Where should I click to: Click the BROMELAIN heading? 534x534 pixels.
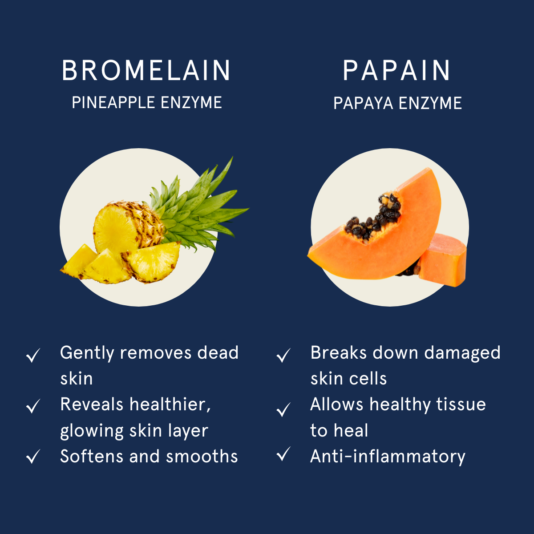click(x=146, y=70)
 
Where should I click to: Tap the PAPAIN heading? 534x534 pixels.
click(x=396, y=70)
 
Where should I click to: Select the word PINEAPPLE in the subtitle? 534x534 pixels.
click(x=113, y=102)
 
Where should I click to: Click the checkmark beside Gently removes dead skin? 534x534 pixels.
click(x=33, y=355)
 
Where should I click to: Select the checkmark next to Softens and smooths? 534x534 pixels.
click(x=33, y=457)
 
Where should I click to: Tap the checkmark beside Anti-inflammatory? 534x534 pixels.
click(x=283, y=454)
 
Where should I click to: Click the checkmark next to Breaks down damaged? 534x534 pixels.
click(x=283, y=355)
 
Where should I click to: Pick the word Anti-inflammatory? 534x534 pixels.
click(x=388, y=457)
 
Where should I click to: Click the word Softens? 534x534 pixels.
click(x=92, y=456)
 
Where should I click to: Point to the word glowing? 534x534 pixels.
click(x=92, y=431)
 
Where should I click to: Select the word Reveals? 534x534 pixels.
click(x=92, y=405)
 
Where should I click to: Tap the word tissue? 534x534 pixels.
click(x=461, y=405)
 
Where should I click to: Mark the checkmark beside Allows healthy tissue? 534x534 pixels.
click(x=283, y=409)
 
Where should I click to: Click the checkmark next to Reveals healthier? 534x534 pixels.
click(x=33, y=406)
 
